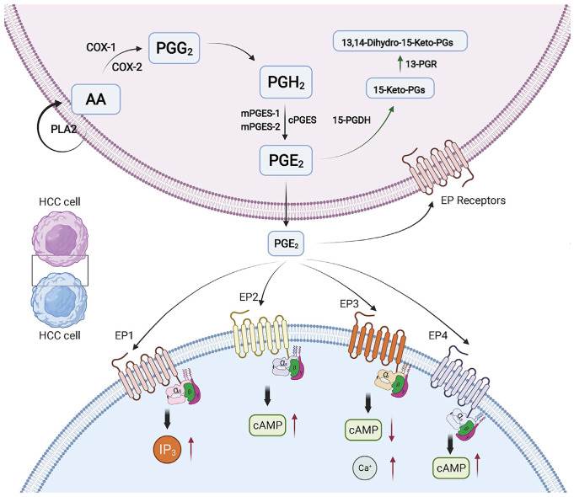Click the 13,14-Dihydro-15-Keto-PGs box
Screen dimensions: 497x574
(405, 40)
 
